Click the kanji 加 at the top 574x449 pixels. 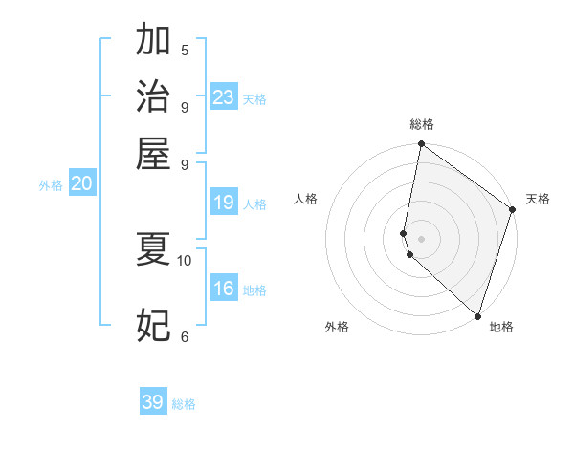pyautogui.click(x=153, y=41)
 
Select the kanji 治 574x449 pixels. pyautogui.click(x=153, y=96)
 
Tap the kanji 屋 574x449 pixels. pyautogui.click(x=153, y=153)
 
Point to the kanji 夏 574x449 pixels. pyautogui.click(x=153, y=249)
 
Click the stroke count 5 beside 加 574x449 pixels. pyautogui.click(x=185, y=51)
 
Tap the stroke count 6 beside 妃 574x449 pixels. pyautogui.click(x=185, y=337)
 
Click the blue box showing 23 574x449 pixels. pyautogui.click(x=224, y=97)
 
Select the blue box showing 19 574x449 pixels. pyautogui.click(x=224, y=203)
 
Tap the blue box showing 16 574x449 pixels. pyautogui.click(x=224, y=289)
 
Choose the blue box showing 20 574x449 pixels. pyautogui.click(x=81, y=184)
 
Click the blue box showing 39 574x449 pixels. pyautogui.click(x=153, y=402)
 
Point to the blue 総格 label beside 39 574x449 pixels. pyautogui.click(x=184, y=404)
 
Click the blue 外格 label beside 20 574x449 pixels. pyautogui.click(x=51, y=186)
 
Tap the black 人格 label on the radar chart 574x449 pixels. pyautogui.click(x=306, y=199)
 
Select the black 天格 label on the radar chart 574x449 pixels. pyautogui.click(x=538, y=199)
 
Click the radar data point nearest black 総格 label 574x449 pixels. pyautogui.click(x=421, y=145)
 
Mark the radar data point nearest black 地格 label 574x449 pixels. pyautogui.click(x=477, y=315)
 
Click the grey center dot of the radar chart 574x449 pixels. pyautogui.click(x=421, y=238)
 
